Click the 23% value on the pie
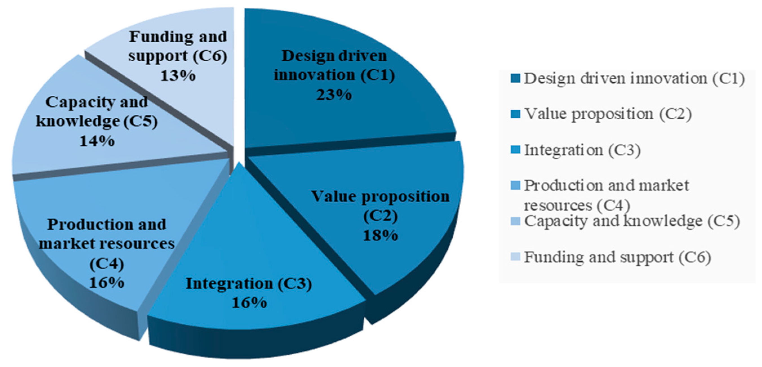[334, 95]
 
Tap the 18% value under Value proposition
[380, 236]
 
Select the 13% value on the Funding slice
[178, 76]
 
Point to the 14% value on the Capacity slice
[97, 141]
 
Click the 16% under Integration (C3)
[249, 303]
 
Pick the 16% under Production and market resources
[106, 283]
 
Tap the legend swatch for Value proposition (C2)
[515, 115]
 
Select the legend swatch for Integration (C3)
[515, 150]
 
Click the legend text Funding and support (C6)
[617, 257]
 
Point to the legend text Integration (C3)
[583, 150]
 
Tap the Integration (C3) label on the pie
[249, 284]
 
